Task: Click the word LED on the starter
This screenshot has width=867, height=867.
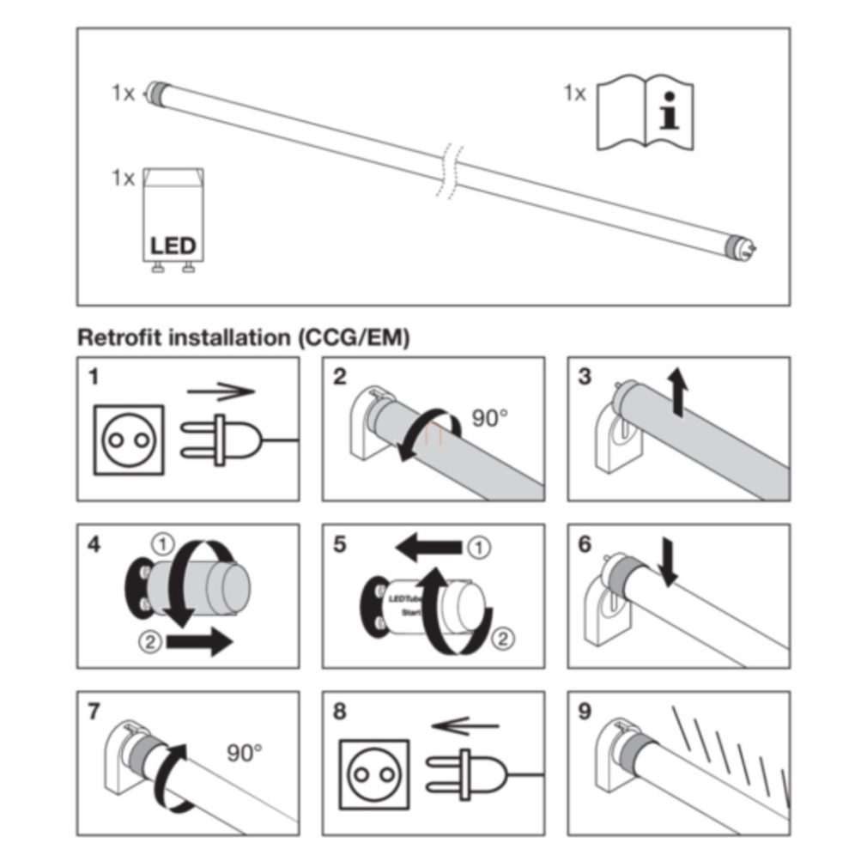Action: point(173,246)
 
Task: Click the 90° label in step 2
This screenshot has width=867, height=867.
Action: point(489,418)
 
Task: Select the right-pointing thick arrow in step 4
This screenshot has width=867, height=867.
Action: point(199,640)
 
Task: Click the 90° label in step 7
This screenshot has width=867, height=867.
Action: point(245,753)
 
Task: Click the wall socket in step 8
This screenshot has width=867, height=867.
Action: point(373,773)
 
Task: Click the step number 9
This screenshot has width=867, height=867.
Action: point(585,712)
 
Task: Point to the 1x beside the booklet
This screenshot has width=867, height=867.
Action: point(574,93)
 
